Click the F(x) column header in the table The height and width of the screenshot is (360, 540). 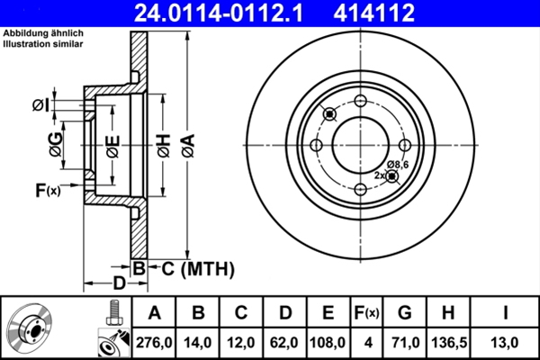click(x=367, y=313)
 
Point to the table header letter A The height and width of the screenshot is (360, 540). click(x=154, y=313)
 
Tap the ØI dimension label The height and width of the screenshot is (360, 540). click(x=39, y=105)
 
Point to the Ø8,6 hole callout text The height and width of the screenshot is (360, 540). click(x=398, y=164)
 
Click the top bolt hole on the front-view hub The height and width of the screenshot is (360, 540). click(x=360, y=101)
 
